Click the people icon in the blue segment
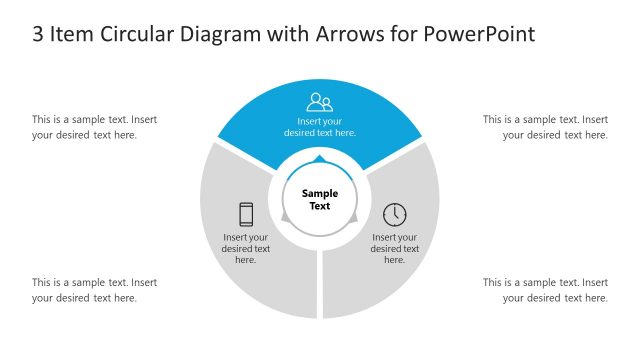320,101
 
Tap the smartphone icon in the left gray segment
246,214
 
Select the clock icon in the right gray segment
395,214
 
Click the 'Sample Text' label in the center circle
320,200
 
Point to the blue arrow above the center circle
320,159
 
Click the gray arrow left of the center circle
286,217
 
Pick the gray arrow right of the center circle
354,217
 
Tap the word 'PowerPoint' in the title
480,34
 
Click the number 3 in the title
38,34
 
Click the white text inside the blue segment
320,126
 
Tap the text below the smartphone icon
246,248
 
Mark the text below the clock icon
395,248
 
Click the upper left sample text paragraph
94,127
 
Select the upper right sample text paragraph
546,127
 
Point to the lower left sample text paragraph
94,290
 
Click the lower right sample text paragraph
546,290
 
